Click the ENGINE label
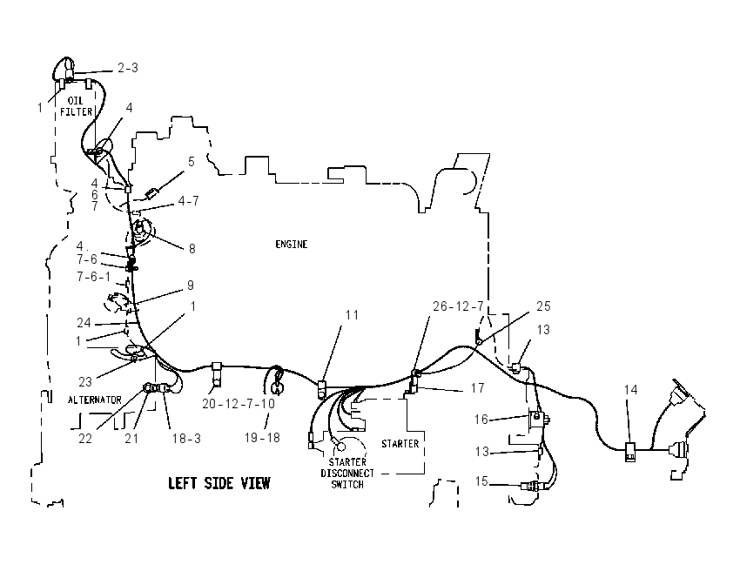pos(291,245)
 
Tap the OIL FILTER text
pos(76,106)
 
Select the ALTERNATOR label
pos(94,400)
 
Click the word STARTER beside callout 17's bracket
pos(400,444)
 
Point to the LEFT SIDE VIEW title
pos(219,483)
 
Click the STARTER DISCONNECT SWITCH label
pos(347,474)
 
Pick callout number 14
pos(630,390)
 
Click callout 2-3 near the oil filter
pos(128,68)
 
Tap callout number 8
pos(192,249)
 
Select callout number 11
pos(352,315)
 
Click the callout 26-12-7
pos(458,306)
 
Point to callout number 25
pos(543,306)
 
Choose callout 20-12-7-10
pos(239,404)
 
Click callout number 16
pos(481,419)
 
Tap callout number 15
pos(481,481)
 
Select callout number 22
pos(85,439)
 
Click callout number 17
pos(478,388)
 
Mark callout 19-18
pos(262,438)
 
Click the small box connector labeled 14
pos(630,452)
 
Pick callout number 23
pos(85,381)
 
